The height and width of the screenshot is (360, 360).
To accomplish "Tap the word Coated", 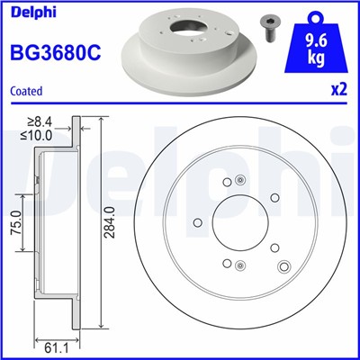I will [x=25, y=91].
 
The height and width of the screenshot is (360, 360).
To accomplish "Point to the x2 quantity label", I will [x=338, y=91].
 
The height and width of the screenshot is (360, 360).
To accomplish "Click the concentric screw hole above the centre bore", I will [x=239, y=181].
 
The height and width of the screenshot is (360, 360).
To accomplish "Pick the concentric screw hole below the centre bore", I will [x=239, y=264].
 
